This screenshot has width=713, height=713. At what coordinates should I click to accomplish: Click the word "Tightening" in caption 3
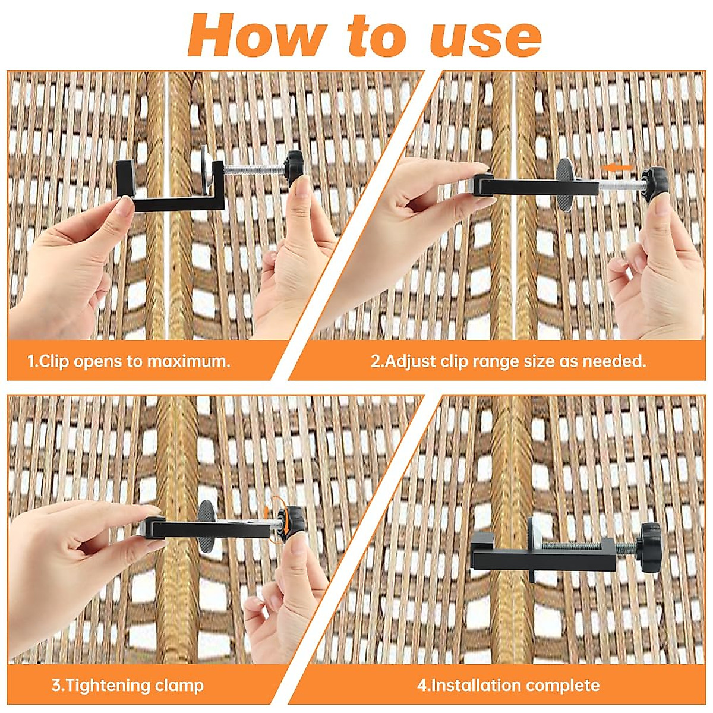(107, 685)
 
